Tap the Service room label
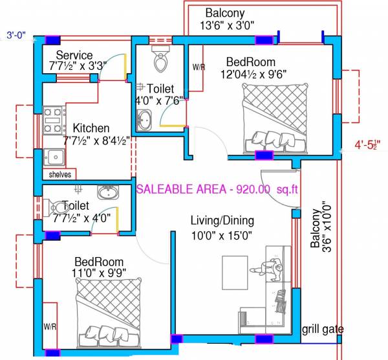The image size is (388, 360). pyautogui.click(x=74, y=56)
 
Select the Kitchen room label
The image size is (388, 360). pyautogui.click(x=91, y=128)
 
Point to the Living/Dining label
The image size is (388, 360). pyautogui.click(x=222, y=221)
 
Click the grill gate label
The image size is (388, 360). pyautogui.click(x=323, y=330)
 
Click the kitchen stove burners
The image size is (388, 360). pyautogui.click(x=54, y=120)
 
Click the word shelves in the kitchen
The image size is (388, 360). pyautogui.click(x=59, y=175)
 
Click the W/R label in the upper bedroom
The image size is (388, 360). pyautogui.click(x=199, y=67)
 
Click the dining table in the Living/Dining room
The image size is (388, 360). pyautogui.click(x=235, y=271)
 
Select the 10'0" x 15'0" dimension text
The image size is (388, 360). pyautogui.click(x=221, y=235)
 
